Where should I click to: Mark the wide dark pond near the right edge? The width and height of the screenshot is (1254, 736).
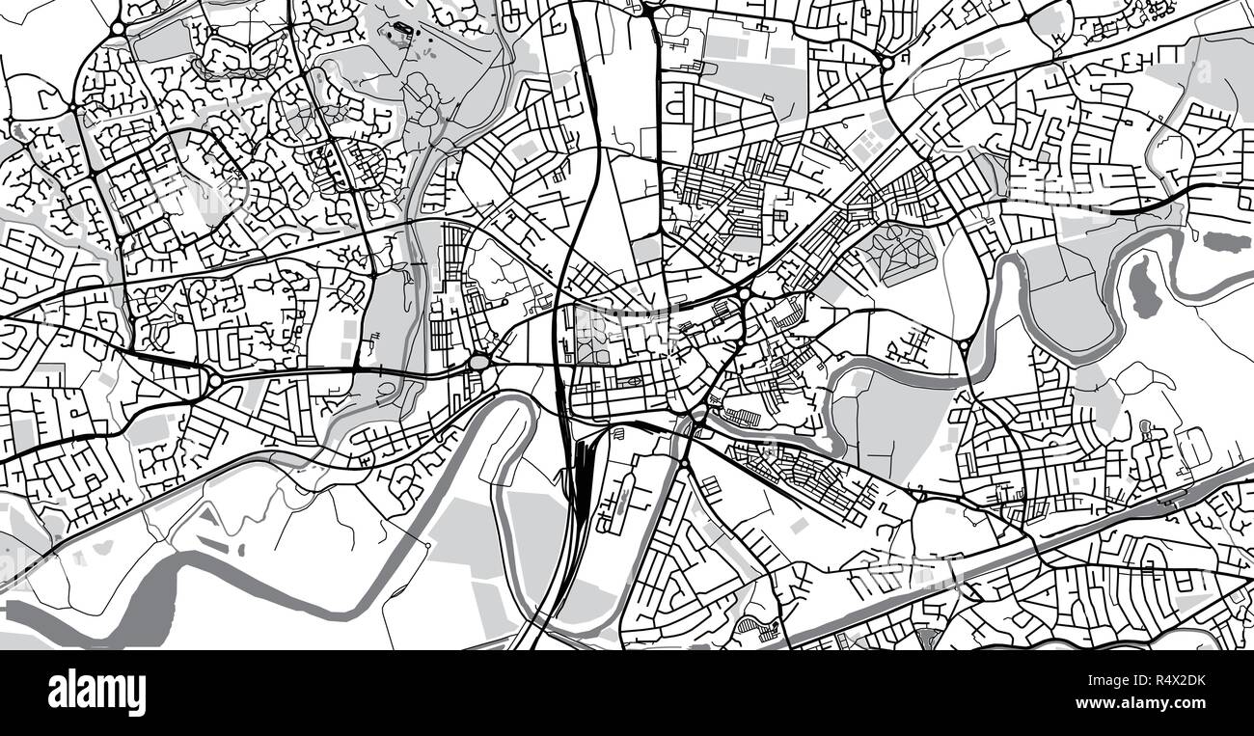(x=1226, y=241)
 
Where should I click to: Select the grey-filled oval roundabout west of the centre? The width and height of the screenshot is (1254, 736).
(x=479, y=362)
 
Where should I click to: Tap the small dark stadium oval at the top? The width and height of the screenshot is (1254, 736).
(x=400, y=37)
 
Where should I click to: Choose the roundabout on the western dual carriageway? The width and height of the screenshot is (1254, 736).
(x=211, y=379)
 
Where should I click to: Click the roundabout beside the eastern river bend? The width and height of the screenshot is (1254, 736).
(x=964, y=344)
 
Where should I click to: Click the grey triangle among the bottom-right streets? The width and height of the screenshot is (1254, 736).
(x=928, y=638)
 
